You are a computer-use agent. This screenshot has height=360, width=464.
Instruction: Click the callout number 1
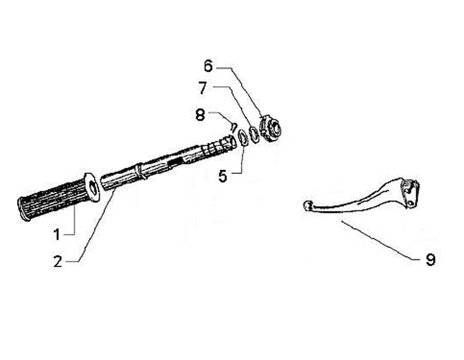coord(57,234)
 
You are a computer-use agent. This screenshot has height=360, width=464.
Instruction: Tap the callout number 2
coord(58,261)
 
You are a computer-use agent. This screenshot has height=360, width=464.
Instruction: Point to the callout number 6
coord(208,66)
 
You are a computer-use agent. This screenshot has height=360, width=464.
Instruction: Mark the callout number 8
coord(200,115)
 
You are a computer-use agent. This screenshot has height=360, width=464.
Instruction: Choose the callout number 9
coord(430,260)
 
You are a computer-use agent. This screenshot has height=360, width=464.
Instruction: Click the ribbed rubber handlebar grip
coord(52,200)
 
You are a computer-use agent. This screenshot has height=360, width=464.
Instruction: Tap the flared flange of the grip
coord(92,187)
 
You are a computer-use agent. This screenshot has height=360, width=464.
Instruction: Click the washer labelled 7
coord(255,133)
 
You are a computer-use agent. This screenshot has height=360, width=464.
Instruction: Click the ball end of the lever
coord(307,206)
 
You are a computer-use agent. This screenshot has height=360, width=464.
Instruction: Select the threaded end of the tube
coord(219,147)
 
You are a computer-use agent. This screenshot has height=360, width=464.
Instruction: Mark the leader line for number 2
coord(97,225)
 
